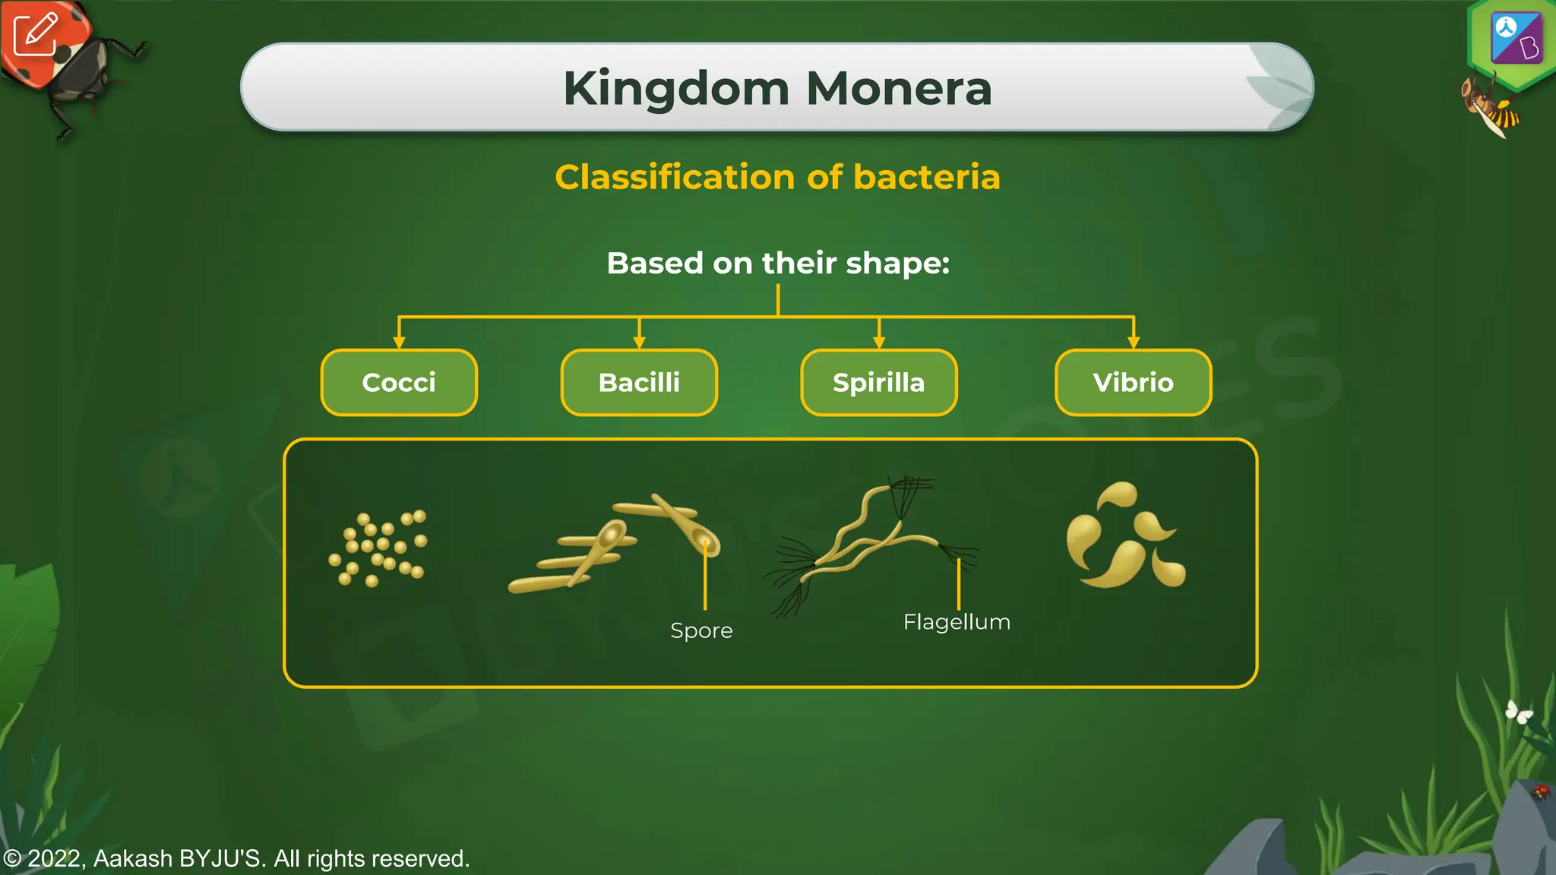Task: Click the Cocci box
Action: (399, 382)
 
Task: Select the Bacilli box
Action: (639, 382)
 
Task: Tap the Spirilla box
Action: (878, 382)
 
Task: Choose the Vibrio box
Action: (1133, 382)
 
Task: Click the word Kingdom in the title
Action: (676, 89)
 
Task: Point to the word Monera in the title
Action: (899, 89)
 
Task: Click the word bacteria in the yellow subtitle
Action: (926, 177)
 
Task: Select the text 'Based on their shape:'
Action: (778, 264)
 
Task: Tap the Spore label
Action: (701, 630)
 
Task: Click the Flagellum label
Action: (957, 622)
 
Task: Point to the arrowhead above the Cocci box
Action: (399, 343)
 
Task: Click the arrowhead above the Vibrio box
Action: (1134, 343)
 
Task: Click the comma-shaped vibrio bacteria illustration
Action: (1125, 536)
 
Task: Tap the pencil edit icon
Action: (35, 34)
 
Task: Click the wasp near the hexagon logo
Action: (1491, 107)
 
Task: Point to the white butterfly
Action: (1519, 712)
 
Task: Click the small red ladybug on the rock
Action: (1540, 792)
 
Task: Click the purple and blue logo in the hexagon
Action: (1516, 37)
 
